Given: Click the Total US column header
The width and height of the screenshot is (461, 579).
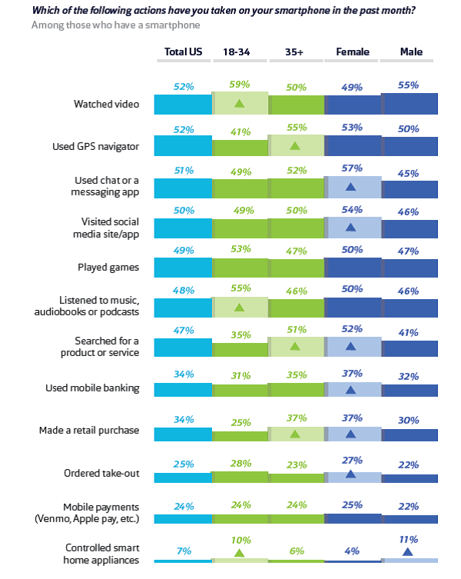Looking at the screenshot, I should click(x=183, y=52).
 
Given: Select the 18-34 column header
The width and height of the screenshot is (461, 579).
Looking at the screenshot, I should click(x=239, y=52).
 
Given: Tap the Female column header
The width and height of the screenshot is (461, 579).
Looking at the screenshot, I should click(x=353, y=52).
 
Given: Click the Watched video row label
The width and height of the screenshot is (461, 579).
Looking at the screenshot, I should click(x=106, y=104).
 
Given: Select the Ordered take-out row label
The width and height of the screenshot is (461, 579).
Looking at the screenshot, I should click(x=103, y=472).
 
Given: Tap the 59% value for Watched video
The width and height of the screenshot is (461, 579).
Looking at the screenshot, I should click(x=240, y=86).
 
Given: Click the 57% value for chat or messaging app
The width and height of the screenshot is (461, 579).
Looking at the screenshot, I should click(x=353, y=168).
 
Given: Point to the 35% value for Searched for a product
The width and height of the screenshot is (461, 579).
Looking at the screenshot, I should click(x=240, y=334).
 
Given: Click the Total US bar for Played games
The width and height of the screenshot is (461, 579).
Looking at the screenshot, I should click(x=183, y=267).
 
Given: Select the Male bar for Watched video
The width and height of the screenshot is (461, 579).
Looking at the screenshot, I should click(x=410, y=104).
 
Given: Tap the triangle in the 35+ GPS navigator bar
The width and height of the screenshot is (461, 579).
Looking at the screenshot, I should click(x=296, y=145).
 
